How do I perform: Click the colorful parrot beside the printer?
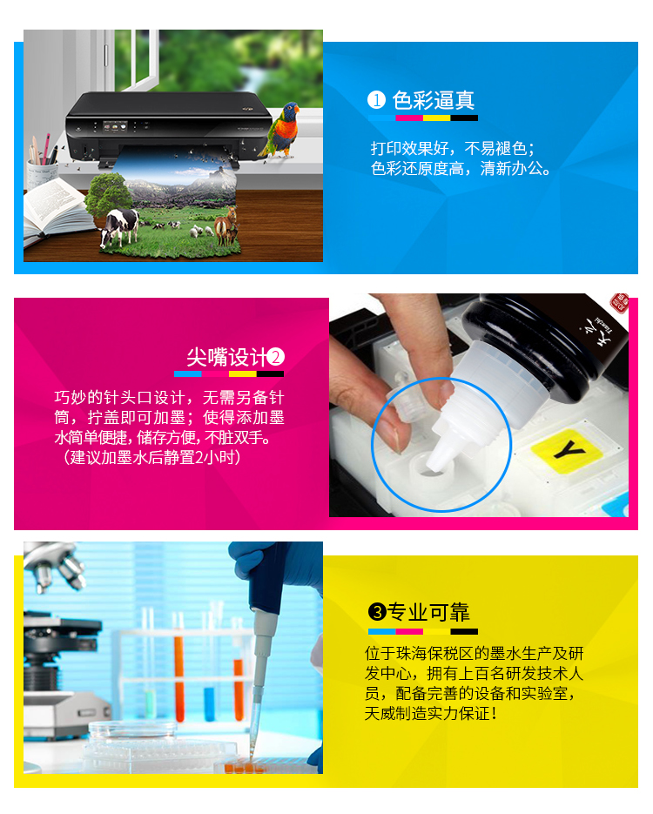(283, 130)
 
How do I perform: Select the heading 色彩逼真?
(434, 100)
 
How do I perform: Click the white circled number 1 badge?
(376, 100)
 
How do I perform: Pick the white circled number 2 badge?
(276, 357)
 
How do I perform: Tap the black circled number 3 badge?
(377, 613)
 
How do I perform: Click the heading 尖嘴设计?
(227, 357)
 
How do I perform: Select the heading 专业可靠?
(428, 613)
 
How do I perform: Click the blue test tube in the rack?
(210, 704)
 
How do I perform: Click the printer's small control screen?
(115, 126)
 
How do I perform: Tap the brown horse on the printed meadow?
(226, 225)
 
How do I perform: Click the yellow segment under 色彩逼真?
(436, 118)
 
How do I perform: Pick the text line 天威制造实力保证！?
(431, 713)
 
